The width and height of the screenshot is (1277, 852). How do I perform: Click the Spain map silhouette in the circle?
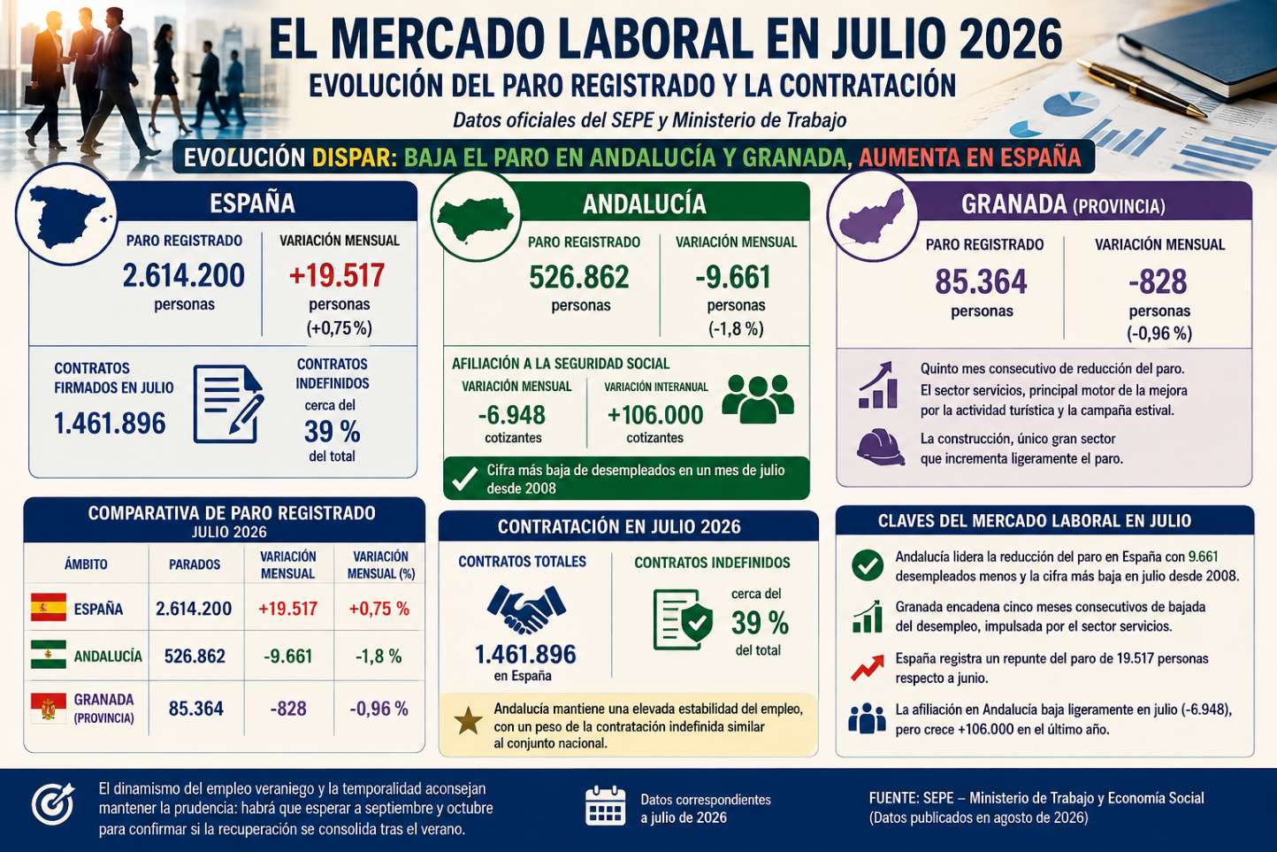click(66, 217)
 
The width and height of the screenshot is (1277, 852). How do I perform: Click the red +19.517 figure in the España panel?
click(337, 275)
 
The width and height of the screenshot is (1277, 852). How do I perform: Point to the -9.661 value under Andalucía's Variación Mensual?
click(733, 277)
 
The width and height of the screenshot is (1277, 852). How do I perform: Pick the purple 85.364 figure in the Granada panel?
click(981, 281)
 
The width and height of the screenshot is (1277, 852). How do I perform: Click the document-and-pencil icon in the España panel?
click(228, 403)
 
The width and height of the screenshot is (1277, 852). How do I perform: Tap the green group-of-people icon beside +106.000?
click(758, 399)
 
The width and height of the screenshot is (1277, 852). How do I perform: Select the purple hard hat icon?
click(880, 447)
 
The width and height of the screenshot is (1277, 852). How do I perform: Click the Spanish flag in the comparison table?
click(49, 607)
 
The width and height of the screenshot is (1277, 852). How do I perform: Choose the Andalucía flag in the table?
click(49, 654)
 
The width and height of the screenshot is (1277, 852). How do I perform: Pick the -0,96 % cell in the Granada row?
click(379, 709)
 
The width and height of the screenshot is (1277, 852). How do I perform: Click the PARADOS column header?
click(195, 564)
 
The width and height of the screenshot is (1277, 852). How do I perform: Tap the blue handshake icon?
click(526, 609)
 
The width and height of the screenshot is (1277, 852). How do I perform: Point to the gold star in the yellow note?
click(468, 721)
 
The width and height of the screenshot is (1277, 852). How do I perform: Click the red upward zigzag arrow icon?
click(868, 668)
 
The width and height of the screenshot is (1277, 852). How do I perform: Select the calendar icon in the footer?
click(605, 805)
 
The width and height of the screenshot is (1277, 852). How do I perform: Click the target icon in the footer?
click(53, 804)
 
